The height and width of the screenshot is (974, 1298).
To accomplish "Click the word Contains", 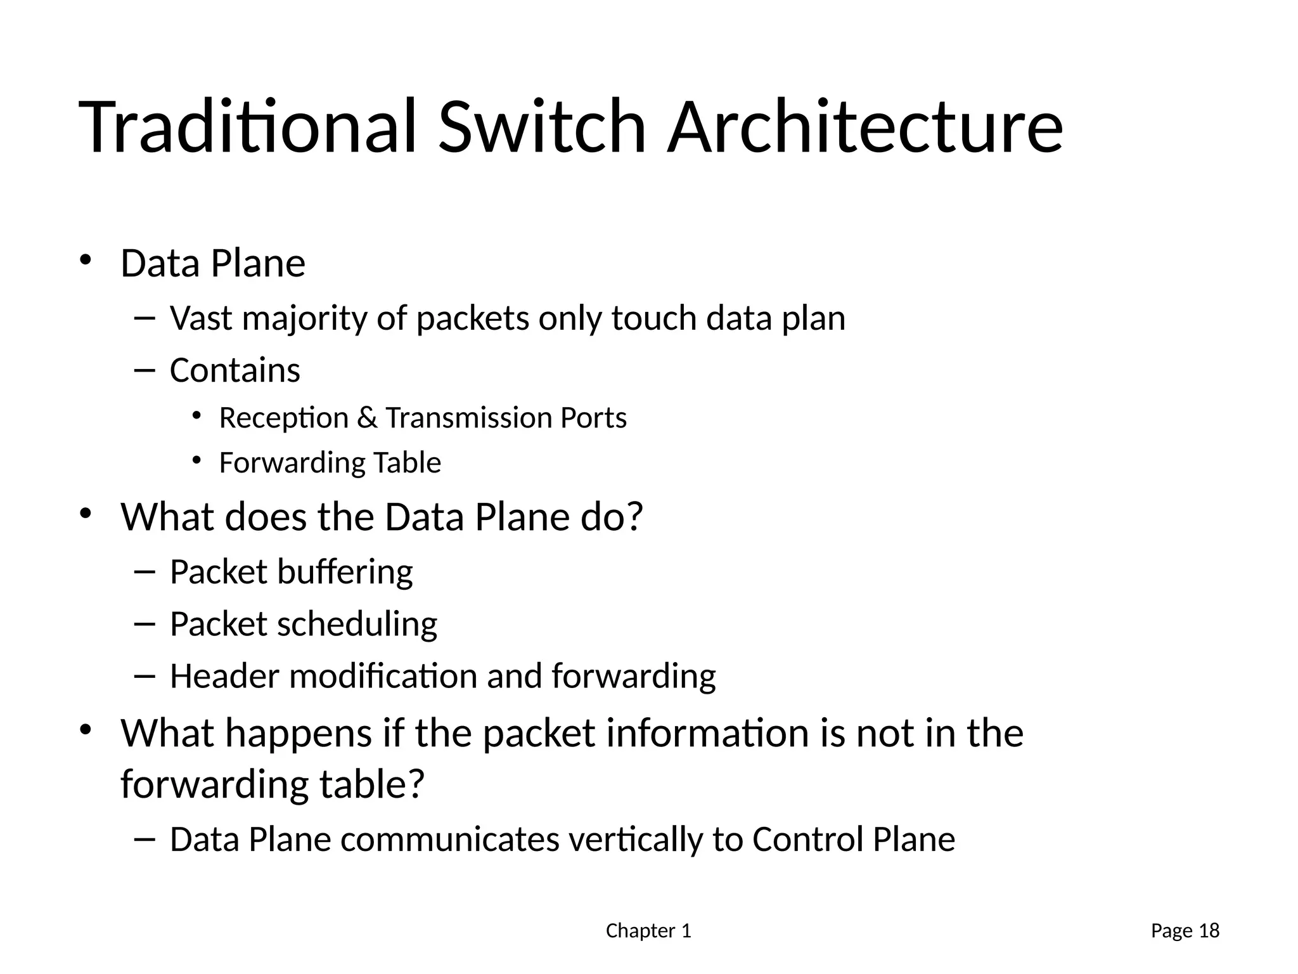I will click(235, 370).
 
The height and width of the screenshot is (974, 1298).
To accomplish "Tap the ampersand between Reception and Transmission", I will click(367, 418).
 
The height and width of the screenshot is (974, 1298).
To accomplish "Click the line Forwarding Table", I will click(330, 463).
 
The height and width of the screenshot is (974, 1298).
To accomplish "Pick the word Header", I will click(224, 676).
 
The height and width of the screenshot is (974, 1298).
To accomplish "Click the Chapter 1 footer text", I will click(648, 931).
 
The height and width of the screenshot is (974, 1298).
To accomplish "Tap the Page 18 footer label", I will click(1185, 931).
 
